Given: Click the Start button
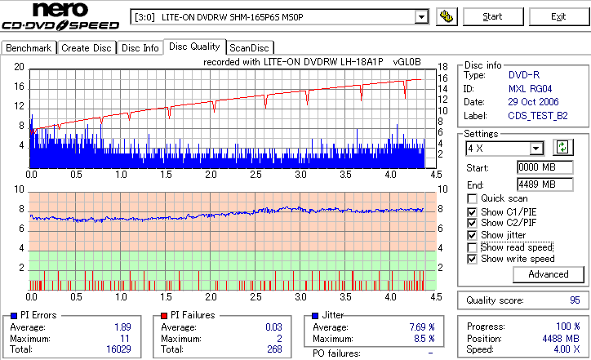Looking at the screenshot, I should coord(492,16).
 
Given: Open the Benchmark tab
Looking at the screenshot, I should coord(29,48).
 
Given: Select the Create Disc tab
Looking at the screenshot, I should coord(86,48).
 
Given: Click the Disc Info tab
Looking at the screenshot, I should coord(140,48).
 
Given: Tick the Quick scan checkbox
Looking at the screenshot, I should coord(472,198).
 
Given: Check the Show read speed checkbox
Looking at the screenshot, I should coord(472,247).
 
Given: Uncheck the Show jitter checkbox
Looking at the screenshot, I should coord(472,235).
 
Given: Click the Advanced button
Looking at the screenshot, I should coord(548,274).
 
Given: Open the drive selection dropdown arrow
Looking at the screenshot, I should coord(421,17).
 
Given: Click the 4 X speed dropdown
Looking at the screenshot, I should coord(504,148).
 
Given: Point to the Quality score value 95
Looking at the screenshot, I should coord(574,300).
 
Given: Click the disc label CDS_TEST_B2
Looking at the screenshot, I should coord(538,116).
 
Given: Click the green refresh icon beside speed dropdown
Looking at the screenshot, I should coord(562,147).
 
